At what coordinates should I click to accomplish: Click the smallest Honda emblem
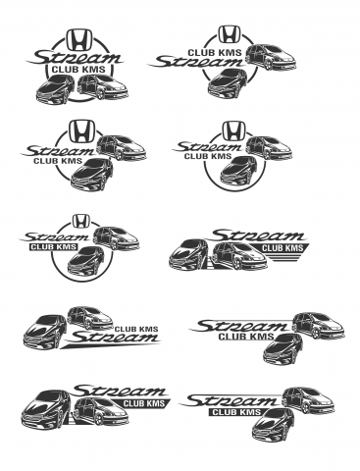click(78, 221)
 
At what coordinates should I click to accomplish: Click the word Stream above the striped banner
click(258, 235)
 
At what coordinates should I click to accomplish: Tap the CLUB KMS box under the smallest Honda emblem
click(54, 247)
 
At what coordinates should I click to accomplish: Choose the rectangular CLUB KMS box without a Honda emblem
click(236, 412)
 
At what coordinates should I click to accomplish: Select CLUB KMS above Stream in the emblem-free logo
click(136, 329)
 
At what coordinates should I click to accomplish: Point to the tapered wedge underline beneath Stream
click(111, 344)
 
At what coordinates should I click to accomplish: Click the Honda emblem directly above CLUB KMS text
click(230, 34)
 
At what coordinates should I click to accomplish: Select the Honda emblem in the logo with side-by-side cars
click(79, 39)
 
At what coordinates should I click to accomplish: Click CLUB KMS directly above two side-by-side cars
click(78, 70)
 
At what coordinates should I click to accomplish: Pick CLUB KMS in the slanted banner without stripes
click(144, 403)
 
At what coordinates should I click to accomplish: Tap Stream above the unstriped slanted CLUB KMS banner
click(121, 391)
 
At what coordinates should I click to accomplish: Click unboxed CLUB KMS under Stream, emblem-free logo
click(246, 337)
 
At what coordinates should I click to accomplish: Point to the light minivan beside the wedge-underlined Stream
click(90, 317)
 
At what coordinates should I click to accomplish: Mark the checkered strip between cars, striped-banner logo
click(209, 263)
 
